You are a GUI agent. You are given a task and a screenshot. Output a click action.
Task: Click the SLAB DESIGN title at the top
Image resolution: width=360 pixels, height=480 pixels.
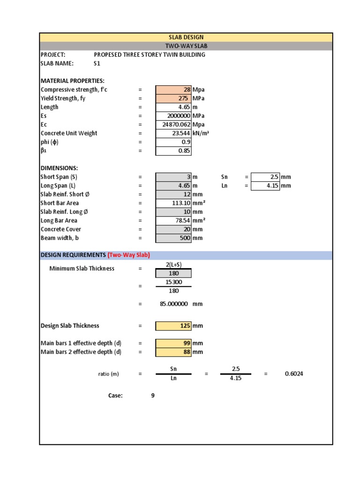[186, 37]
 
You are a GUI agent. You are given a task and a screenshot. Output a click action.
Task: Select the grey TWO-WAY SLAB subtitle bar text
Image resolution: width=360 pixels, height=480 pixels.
[186, 46]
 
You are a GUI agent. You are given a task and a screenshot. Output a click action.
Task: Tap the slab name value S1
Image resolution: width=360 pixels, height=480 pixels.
[97, 63]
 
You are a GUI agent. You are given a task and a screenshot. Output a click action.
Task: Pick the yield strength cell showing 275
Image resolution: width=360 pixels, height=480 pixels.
[183, 98]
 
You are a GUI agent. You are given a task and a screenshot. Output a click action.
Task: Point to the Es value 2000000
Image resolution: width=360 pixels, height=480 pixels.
[179, 116]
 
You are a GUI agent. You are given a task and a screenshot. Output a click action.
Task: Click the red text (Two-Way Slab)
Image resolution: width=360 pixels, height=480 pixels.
[128, 255]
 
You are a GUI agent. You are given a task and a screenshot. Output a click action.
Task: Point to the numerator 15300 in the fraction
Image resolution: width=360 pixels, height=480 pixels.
[173, 282]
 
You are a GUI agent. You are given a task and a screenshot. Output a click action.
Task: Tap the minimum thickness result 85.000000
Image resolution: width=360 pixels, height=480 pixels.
[174, 304]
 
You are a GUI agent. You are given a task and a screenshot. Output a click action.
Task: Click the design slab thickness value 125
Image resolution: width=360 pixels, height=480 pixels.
[185, 326]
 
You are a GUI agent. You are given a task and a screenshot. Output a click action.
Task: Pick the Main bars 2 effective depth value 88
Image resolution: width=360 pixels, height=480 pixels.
[186, 352]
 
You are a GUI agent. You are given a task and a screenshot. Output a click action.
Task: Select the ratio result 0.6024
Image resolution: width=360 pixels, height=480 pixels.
[294, 374]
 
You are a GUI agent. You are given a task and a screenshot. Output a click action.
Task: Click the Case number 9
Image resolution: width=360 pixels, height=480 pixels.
[153, 396]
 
